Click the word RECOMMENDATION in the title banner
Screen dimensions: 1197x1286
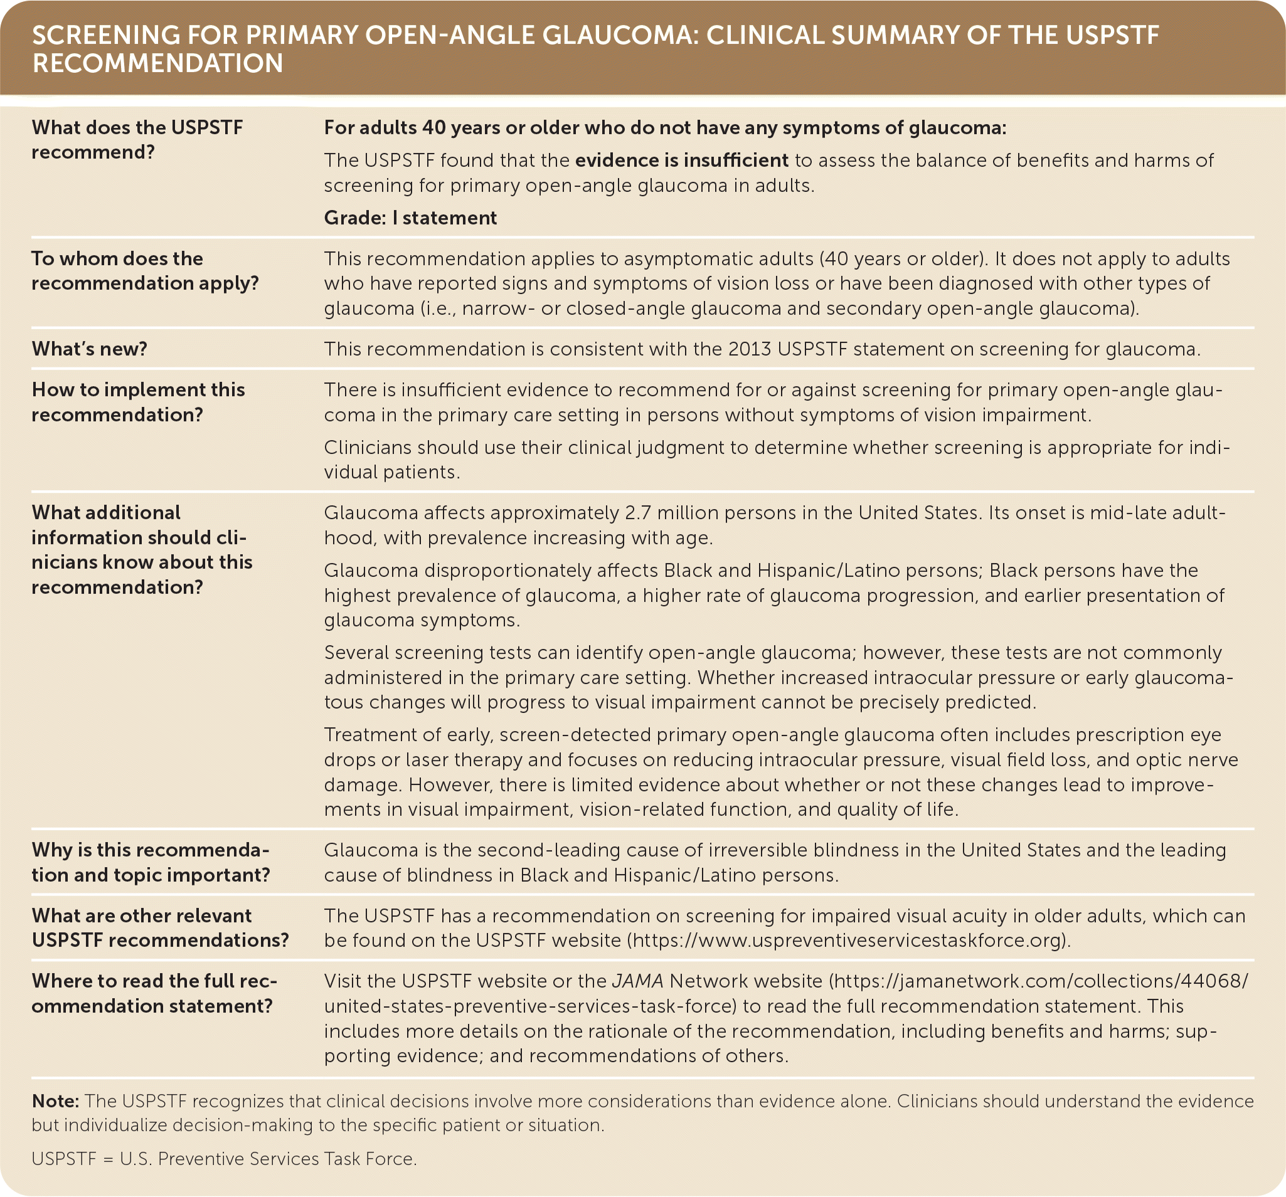coord(157,63)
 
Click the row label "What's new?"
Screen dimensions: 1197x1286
coord(89,349)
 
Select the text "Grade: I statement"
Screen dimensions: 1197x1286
coord(410,218)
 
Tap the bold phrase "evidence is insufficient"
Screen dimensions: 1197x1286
coord(682,161)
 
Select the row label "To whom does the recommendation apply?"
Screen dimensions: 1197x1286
coord(144,271)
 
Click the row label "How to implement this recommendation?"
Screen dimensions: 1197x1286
coord(138,402)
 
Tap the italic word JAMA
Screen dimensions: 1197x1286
coord(638,981)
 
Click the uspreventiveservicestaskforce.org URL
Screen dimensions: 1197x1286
coord(848,941)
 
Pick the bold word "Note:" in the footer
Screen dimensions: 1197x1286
coord(55,1100)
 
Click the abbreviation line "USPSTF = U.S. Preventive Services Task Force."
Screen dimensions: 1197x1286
coord(224,1158)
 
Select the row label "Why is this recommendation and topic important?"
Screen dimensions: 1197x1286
coord(151,863)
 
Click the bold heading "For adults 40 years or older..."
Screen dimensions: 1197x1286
coord(665,128)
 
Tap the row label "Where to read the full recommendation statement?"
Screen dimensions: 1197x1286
coord(154,993)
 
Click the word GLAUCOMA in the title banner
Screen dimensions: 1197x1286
coord(617,36)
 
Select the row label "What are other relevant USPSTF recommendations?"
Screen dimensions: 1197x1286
coord(160,928)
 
